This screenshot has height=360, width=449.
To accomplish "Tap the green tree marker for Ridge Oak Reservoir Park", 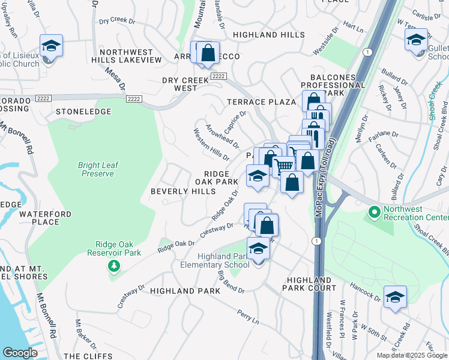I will (113, 265).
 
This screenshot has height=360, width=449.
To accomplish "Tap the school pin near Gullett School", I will (416, 40).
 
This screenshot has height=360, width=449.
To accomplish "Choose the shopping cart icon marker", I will (285, 165).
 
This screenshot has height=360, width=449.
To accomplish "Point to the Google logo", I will (20, 353).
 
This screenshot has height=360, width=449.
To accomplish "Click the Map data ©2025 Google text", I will (411, 355).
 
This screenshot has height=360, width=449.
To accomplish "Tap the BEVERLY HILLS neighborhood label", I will (182, 191).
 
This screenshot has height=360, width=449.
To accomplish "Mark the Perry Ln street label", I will (247, 317).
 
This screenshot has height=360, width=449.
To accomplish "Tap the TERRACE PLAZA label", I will (261, 102).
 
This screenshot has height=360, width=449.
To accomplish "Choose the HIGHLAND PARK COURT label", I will (311, 284).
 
